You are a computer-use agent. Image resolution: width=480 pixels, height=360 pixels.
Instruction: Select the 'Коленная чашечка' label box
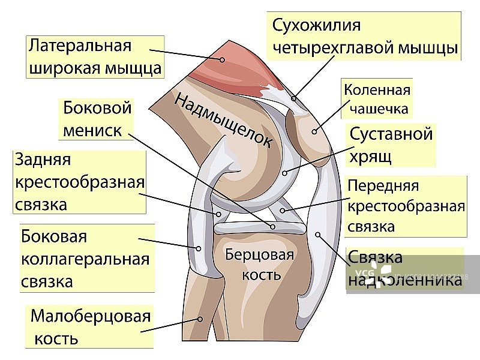coord(377,100)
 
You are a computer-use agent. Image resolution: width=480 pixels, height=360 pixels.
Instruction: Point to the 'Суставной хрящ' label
coord(391,145)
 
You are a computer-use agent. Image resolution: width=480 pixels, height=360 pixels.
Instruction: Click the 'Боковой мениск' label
coord(97,119)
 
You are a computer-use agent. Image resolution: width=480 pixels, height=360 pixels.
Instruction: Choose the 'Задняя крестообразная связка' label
coord(79,182)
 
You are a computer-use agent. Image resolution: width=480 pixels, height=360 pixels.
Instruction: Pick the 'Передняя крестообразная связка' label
coord(406,206)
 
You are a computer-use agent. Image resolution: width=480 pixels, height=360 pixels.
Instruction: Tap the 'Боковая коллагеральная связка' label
coord(85,259)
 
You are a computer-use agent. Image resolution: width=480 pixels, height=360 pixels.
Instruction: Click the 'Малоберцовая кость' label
coord(90,327)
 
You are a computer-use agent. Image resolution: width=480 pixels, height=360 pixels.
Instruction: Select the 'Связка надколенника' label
coord(405,268)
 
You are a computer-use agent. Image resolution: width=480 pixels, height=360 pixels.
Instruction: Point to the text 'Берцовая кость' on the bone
coord(260,265)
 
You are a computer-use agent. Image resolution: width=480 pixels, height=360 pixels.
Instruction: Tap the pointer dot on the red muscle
coord(221,59)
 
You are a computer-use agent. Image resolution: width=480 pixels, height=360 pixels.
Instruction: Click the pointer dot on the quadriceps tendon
coord(294,97)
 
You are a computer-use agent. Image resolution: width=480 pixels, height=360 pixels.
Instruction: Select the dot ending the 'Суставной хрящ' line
coord(285,173)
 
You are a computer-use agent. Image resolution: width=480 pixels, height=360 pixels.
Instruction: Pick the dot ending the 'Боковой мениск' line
coord(273,227)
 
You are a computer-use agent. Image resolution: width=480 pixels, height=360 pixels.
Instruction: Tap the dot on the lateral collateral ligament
coord(197,247)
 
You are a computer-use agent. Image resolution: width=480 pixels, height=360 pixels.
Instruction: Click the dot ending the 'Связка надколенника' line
coord(318,235)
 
